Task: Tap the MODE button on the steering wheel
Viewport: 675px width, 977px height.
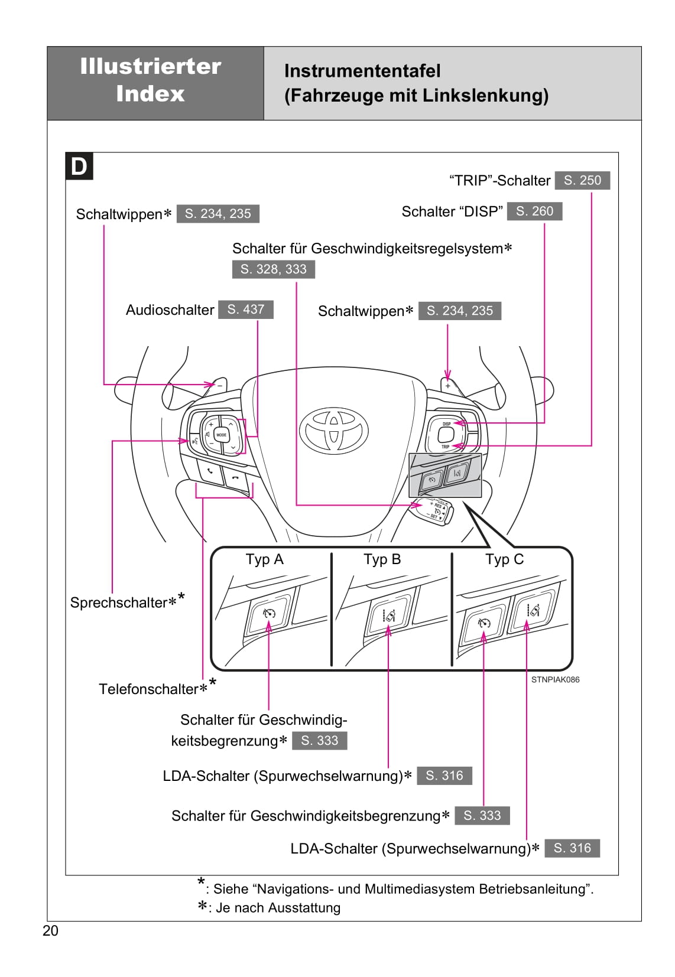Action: (221, 435)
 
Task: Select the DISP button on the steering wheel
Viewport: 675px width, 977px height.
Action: (446, 424)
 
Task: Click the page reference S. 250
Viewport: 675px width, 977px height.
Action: (582, 180)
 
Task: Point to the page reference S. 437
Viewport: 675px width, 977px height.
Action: (246, 310)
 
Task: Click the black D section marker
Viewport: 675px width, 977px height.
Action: (79, 167)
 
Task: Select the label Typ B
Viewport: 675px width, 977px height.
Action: (382, 559)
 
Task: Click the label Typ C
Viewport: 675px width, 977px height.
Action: (504, 559)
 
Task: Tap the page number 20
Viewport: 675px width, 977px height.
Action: (51, 931)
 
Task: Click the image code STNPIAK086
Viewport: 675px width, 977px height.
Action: (555, 679)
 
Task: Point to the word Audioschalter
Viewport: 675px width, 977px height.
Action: (170, 310)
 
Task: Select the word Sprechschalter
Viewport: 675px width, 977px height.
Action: (119, 603)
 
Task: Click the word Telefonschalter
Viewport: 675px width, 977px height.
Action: (148, 689)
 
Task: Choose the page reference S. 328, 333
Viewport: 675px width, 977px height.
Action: (273, 269)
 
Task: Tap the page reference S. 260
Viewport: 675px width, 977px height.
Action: (534, 211)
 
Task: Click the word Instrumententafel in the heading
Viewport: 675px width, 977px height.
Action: (362, 71)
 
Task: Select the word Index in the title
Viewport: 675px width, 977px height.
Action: (150, 93)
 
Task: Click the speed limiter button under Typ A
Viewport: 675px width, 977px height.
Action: (269, 614)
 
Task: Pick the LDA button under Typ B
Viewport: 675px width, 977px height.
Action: (388, 615)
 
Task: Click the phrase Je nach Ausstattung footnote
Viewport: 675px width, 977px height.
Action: (278, 908)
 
